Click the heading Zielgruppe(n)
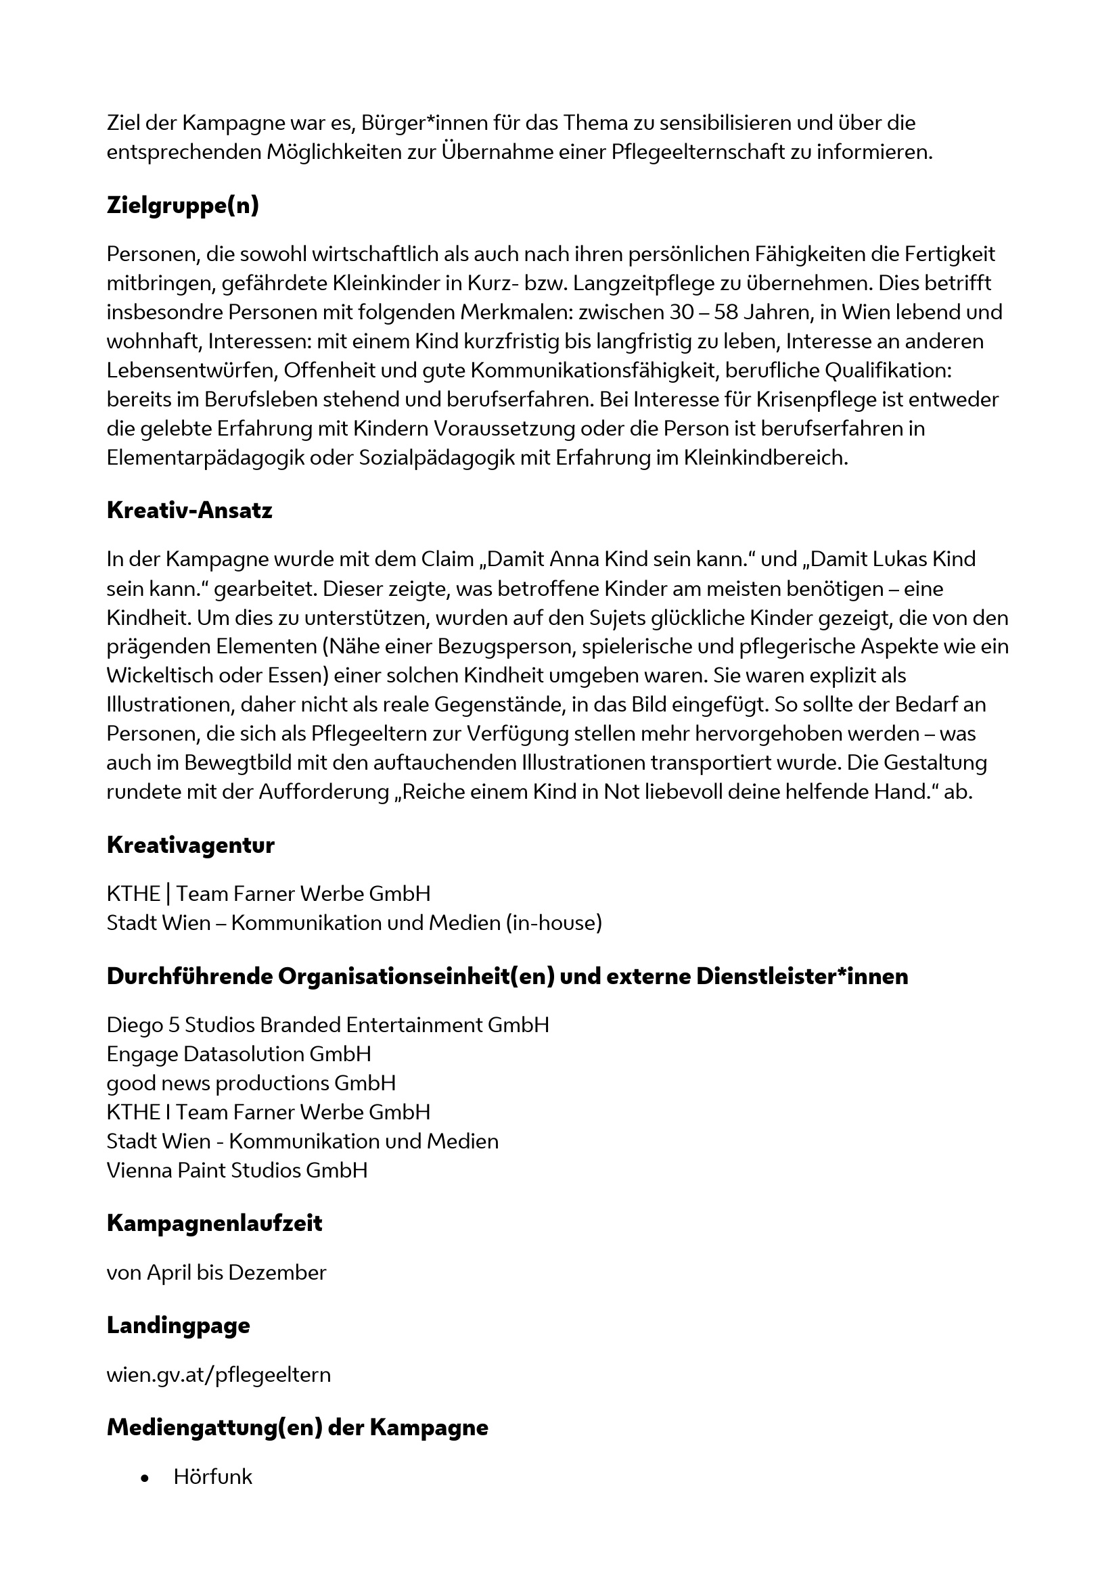coord(183,206)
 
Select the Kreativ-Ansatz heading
coord(189,511)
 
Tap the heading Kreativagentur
coord(190,845)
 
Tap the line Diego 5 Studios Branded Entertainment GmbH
coord(328,1025)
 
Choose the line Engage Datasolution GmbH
coord(239,1054)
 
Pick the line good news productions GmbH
coord(252,1082)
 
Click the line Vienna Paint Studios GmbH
coord(237,1169)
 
